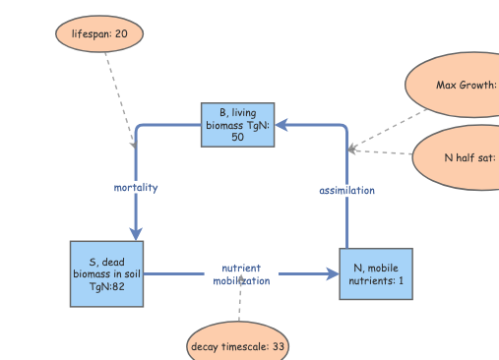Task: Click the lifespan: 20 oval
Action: point(99,33)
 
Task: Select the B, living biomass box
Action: point(237,125)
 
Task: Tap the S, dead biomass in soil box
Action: point(107,273)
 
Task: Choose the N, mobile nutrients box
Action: point(375,273)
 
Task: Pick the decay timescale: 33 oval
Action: point(238,346)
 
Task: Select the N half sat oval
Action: point(458,156)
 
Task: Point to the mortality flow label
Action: point(135,187)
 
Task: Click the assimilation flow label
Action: point(346,190)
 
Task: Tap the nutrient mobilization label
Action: point(241,274)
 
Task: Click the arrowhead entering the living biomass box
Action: point(281,125)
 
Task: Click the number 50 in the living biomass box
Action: point(237,138)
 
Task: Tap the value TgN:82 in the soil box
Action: point(107,286)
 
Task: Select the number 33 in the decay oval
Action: point(278,346)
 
